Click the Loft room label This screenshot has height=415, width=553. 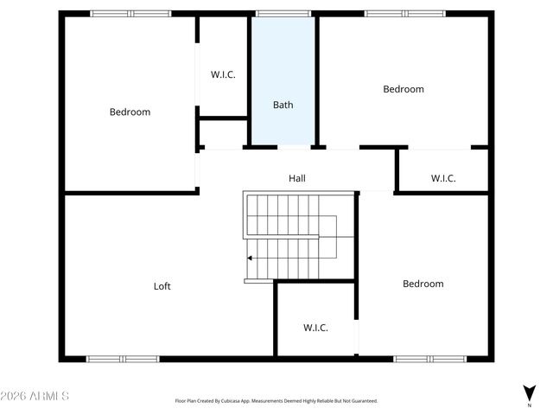coord(162,286)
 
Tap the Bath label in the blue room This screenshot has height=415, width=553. coord(283,105)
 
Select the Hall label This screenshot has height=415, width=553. coord(297,178)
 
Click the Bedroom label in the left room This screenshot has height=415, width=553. coord(130,112)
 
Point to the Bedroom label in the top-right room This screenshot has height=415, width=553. coord(404,89)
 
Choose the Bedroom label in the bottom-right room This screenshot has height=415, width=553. coord(423,284)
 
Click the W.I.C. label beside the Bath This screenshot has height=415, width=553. coord(223,74)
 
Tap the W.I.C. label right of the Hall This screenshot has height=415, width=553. coord(443,179)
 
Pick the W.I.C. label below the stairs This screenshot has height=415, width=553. coord(315,328)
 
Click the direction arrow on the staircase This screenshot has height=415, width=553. coord(251,258)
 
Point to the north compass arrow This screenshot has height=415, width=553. coord(529,392)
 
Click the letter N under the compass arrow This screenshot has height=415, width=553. coord(529,405)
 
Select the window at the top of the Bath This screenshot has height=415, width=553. coord(283,14)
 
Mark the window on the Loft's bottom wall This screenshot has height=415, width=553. coord(122,358)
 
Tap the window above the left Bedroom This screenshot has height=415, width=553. coord(131,14)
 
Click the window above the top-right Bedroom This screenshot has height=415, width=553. coord(404,14)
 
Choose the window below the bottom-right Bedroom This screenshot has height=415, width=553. coord(430,358)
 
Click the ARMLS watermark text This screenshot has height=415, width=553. coord(35,396)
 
